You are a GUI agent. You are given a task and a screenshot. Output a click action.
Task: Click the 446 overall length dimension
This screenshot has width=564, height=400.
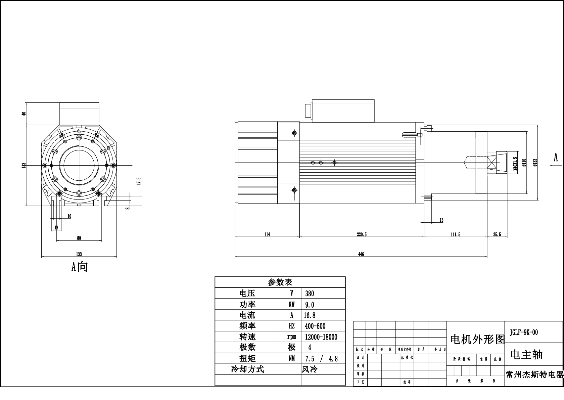(361, 254)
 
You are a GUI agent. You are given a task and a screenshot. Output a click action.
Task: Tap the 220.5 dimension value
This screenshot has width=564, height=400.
(362, 234)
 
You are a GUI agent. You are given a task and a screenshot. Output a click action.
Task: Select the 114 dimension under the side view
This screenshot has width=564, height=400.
(267, 234)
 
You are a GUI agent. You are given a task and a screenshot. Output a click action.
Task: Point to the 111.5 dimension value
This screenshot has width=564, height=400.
(455, 234)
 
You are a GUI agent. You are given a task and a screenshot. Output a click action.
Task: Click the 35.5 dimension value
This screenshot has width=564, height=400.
(497, 234)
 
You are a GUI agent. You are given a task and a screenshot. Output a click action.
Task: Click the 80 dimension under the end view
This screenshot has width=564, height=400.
(79, 238)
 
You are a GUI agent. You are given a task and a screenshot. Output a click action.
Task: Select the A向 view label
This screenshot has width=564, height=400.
(80, 267)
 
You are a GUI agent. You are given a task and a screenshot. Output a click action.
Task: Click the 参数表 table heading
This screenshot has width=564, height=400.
(280, 282)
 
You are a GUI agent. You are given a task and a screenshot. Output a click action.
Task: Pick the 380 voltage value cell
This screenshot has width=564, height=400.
(310, 294)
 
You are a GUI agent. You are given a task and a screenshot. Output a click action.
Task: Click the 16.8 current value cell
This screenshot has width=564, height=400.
(310, 315)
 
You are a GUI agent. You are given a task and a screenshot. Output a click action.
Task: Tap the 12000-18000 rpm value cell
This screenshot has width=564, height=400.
(321, 337)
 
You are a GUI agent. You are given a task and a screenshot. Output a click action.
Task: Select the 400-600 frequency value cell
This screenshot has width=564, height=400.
(315, 326)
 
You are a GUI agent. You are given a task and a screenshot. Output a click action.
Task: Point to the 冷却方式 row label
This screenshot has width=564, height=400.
(247, 369)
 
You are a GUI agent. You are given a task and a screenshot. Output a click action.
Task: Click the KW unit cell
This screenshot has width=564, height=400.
(291, 305)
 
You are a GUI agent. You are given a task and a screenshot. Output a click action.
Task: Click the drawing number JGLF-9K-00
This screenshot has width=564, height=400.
(524, 332)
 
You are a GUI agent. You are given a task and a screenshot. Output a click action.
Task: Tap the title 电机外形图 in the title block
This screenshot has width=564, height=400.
(477, 340)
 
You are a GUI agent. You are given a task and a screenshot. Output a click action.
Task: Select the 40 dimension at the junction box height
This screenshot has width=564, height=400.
(23, 114)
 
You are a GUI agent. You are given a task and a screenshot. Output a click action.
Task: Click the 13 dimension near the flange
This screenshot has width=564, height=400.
(441, 220)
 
